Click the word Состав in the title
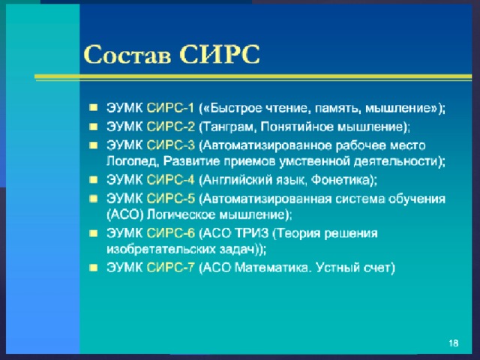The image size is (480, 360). coord(127,55)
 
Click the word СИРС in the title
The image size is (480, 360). coord(220,55)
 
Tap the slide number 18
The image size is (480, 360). coord(453,343)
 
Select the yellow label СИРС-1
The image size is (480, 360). coord(170,108)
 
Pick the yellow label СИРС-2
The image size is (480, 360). coord(170,127)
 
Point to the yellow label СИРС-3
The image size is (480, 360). coord(170,145)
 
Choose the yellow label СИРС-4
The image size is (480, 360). coord(170,180)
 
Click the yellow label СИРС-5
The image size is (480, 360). coord(170,199)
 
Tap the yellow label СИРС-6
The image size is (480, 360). coord(170,233)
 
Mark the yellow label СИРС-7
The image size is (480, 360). coord(170,268)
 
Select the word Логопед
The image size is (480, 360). coord(133,162)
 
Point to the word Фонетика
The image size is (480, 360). coord(340,180)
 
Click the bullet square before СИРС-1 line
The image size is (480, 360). coord(93,108)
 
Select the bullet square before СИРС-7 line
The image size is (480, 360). coord(93,268)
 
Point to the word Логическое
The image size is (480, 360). coord(181,214)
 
